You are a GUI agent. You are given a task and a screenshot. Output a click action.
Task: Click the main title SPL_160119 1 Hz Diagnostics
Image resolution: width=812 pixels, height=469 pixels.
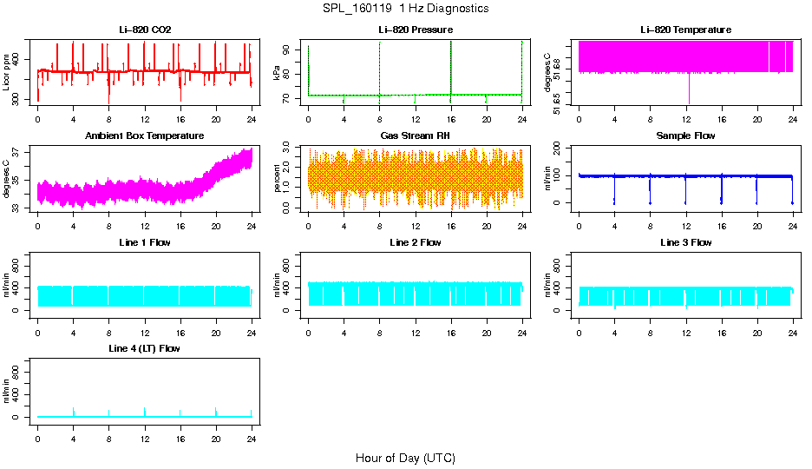coord(405,9)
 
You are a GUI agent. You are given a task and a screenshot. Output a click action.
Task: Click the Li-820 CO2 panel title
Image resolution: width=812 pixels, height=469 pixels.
coord(145,30)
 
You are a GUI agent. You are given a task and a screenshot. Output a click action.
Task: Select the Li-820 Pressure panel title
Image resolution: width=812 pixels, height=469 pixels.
coord(415,30)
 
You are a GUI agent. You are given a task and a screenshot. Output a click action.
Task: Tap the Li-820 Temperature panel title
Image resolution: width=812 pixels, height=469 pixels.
coord(685,30)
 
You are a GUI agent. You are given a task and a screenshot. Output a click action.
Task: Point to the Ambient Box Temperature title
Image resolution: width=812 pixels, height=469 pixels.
coord(145,135)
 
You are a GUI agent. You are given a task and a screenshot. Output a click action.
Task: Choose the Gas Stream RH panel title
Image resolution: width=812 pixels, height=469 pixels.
coord(415,135)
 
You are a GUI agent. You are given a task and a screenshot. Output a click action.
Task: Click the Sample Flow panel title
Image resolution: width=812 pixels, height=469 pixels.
coord(685,135)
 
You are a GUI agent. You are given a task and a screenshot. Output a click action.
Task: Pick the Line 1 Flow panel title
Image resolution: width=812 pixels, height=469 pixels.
coord(145,242)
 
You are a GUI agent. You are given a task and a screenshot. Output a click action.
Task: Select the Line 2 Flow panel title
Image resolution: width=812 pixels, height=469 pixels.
coord(415,242)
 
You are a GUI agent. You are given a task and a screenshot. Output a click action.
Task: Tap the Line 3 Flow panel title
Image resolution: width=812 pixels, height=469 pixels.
coord(685,242)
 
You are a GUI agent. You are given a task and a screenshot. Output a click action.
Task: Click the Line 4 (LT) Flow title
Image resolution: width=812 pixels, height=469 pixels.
coord(145,348)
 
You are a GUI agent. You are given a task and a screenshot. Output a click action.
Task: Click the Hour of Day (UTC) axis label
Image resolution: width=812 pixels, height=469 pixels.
coord(405,458)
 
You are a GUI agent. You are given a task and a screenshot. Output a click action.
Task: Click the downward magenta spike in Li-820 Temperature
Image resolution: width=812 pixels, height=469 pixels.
coord(689,91)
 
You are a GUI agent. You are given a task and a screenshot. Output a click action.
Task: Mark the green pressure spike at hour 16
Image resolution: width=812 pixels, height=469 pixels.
coord(451,65)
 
